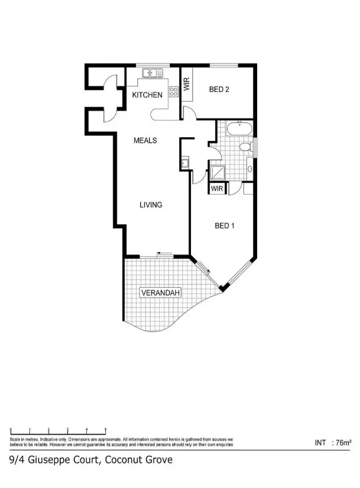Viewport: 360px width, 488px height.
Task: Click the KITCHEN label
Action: (147, 95)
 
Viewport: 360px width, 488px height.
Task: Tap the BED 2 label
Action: (219, 89)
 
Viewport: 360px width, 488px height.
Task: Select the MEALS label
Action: (145, 140)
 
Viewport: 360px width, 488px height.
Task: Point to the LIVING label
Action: (150, 205)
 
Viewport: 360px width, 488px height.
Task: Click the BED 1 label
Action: (225, 226)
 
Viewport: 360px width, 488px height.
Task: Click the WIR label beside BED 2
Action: (187, 85)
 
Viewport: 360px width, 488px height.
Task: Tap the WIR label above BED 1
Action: (217, 188)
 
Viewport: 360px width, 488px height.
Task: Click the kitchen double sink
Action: (152, 73)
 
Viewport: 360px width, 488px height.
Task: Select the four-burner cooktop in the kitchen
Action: (173, 92)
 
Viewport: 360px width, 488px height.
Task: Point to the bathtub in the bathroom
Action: (238, 130)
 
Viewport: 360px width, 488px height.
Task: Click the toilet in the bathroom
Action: (245, 147)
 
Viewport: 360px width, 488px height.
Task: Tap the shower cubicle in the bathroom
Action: (218, 172)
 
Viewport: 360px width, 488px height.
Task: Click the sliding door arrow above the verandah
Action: (165, 253)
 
